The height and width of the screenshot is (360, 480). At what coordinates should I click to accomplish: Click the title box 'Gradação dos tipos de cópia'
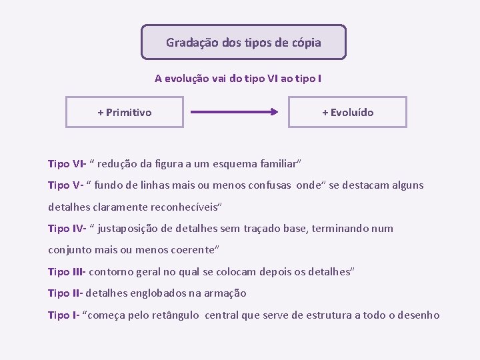point(243,43)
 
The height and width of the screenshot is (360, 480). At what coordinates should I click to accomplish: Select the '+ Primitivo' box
point(125,112)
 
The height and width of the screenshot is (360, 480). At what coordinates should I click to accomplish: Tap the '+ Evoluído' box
point(347,112)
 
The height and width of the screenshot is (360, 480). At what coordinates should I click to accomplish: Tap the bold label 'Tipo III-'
point(67,271)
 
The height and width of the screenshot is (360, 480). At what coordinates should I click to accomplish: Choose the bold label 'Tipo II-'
point(65,293)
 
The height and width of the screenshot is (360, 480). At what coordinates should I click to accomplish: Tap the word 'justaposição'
point(131,228)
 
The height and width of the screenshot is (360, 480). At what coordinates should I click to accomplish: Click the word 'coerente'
point(193,250)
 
